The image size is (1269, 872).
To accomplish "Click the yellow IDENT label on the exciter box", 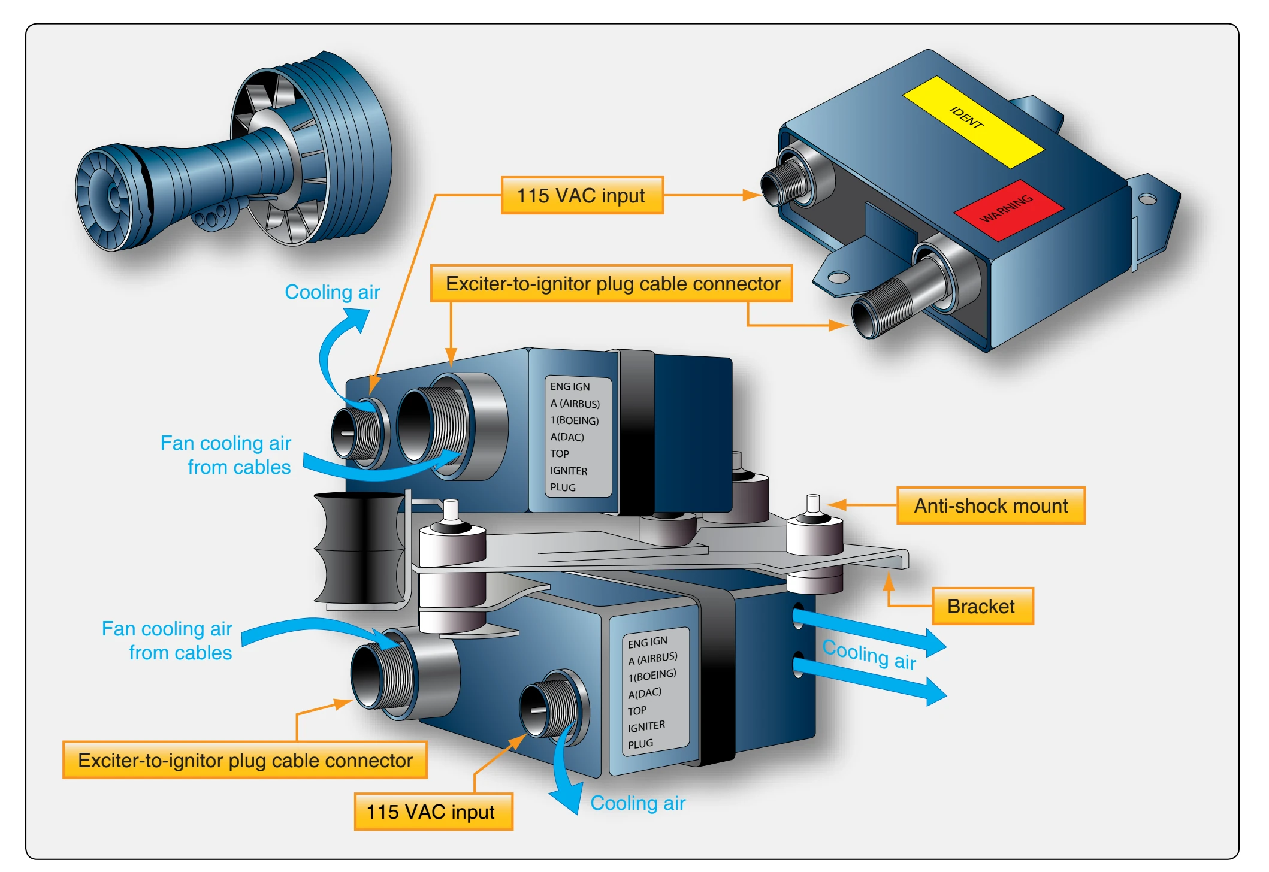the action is [973, 122].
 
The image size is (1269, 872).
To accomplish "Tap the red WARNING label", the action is [1008, 210].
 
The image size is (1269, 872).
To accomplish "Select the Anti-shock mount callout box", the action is [990, 505].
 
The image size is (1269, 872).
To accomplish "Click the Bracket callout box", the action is [982, 606].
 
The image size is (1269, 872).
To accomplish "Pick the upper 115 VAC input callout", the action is [582, 195].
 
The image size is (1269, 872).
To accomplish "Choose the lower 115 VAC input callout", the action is [433, 812].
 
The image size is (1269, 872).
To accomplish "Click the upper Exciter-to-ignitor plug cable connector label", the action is [612, 283].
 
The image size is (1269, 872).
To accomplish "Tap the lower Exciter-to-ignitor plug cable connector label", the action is [245, 760].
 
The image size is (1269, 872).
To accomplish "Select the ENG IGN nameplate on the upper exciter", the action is [578, 437].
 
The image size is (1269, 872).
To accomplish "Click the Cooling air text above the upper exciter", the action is [332, 292].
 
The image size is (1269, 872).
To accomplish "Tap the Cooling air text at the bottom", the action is [637, 803].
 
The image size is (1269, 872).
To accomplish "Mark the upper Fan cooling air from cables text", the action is [226, 455].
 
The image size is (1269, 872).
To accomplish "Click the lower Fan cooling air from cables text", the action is [167, 641].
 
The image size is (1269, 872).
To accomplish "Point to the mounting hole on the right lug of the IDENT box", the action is [1147, 199].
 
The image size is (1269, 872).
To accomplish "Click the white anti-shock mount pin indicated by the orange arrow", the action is [813, 504].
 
